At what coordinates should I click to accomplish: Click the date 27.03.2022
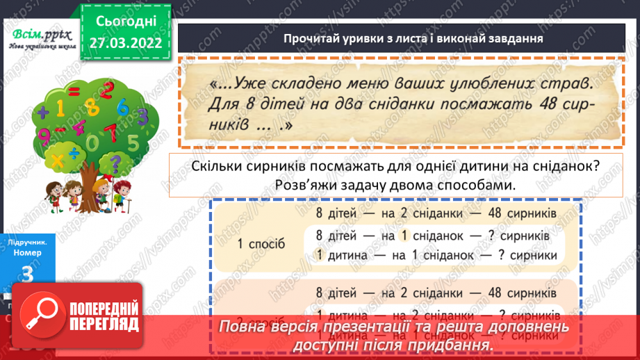click(x=125, y=43)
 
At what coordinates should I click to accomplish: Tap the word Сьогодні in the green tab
click(x=125, y=21)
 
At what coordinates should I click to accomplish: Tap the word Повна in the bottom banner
click(x=247, y=327)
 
